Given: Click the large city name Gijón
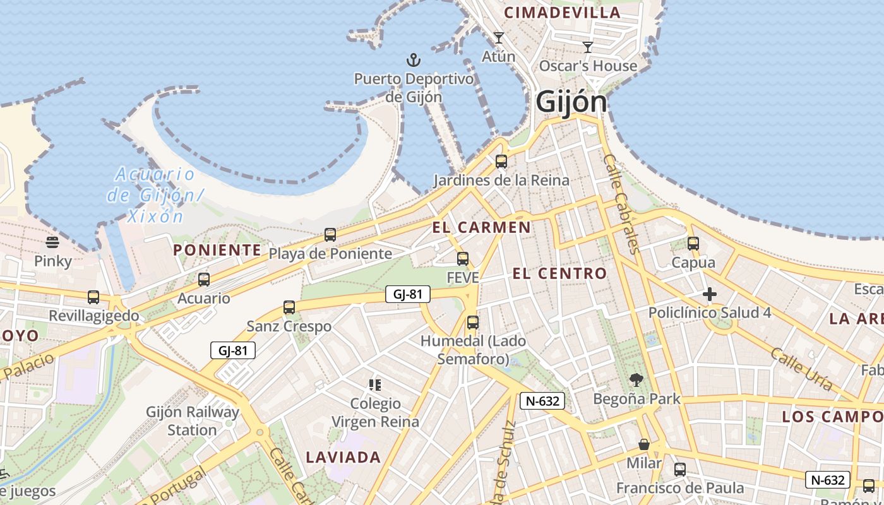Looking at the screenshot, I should pos(571,102).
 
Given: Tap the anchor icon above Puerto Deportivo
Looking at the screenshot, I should pos(413,61).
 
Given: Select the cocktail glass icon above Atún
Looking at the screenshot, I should pos(499,38).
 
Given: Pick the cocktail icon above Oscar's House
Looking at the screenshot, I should pos(588,47).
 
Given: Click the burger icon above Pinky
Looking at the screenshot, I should pos(52,242).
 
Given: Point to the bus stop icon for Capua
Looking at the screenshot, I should pos(693,244).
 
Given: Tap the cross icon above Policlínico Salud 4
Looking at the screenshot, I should pos(710,294).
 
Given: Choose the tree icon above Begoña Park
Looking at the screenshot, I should pos(636,380).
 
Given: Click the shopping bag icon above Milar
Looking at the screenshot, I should pos(644,444).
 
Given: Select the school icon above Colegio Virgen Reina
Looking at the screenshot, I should pos(375,384).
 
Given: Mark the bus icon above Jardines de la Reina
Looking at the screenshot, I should pos(501,162).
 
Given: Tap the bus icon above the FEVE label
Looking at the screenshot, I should pos(463,259).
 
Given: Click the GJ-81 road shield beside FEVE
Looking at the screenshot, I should pos(408,294).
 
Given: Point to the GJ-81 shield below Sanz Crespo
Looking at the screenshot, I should pos(232,350).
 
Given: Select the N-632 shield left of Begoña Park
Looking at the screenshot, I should pos(542,400).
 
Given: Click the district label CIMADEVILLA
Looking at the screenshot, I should pos(562,13).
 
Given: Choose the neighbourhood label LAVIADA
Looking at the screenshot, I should pos(343,457).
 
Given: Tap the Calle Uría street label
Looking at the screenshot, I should pos(801,369).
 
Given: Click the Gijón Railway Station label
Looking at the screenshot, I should pos(193,421).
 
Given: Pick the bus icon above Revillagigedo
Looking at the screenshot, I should pos(93,297).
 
